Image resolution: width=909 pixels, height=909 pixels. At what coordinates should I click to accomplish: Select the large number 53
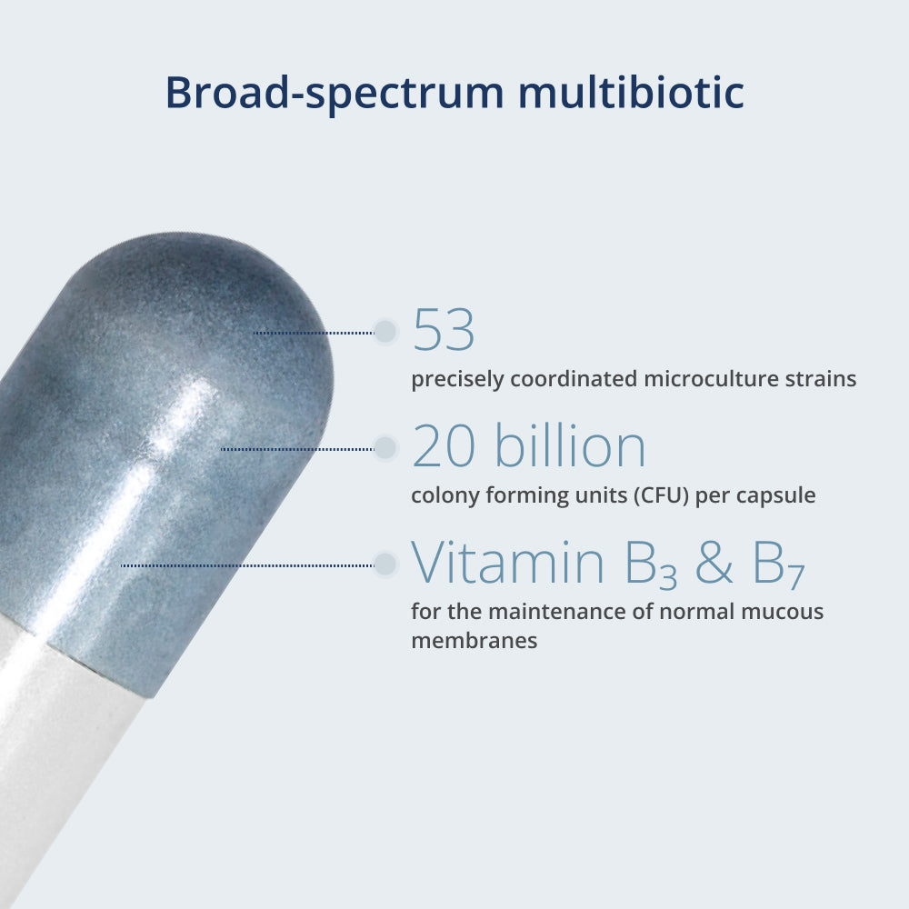pyautogui.click(x=444, y=330)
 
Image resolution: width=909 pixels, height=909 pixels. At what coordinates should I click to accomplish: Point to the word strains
pyautogui.click(x=821, y=378)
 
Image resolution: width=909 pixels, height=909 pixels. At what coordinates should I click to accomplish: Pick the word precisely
pyautogui.click(x=457, y=380)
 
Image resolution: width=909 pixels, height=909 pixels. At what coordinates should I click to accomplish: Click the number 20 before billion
pyautogui.click(x=444, y=445)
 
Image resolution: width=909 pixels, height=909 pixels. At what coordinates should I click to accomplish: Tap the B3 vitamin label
pyautogui.click(x=651, y=564)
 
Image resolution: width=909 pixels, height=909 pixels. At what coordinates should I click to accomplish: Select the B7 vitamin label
pyautogui.click(x=778, y=564)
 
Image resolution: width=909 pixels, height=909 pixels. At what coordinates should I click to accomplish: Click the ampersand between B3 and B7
pyautogui.click(x=714, y=562)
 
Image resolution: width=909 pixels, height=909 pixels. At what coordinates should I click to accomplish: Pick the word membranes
pyautogui.click(x=474, y=641)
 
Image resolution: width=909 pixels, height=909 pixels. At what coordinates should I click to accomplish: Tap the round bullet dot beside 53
pyautogui.click(x=385, y=332)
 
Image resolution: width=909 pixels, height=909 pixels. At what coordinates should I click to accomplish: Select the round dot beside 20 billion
pyautogui.click(x=385, y=447)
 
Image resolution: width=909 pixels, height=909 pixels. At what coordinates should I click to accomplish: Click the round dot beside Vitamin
pyautogui.click(x=385, y=564)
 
